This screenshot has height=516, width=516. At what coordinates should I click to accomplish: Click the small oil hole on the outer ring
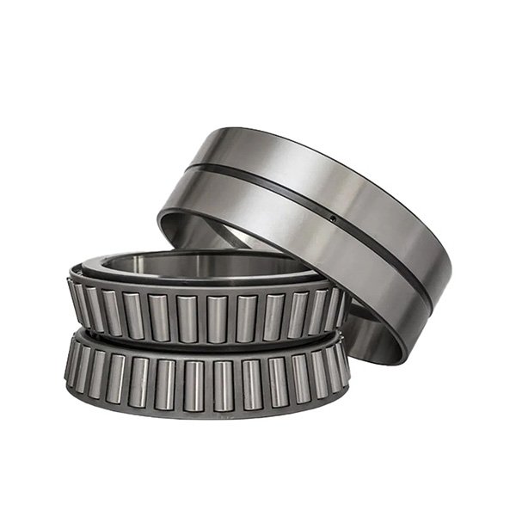(334, 218)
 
